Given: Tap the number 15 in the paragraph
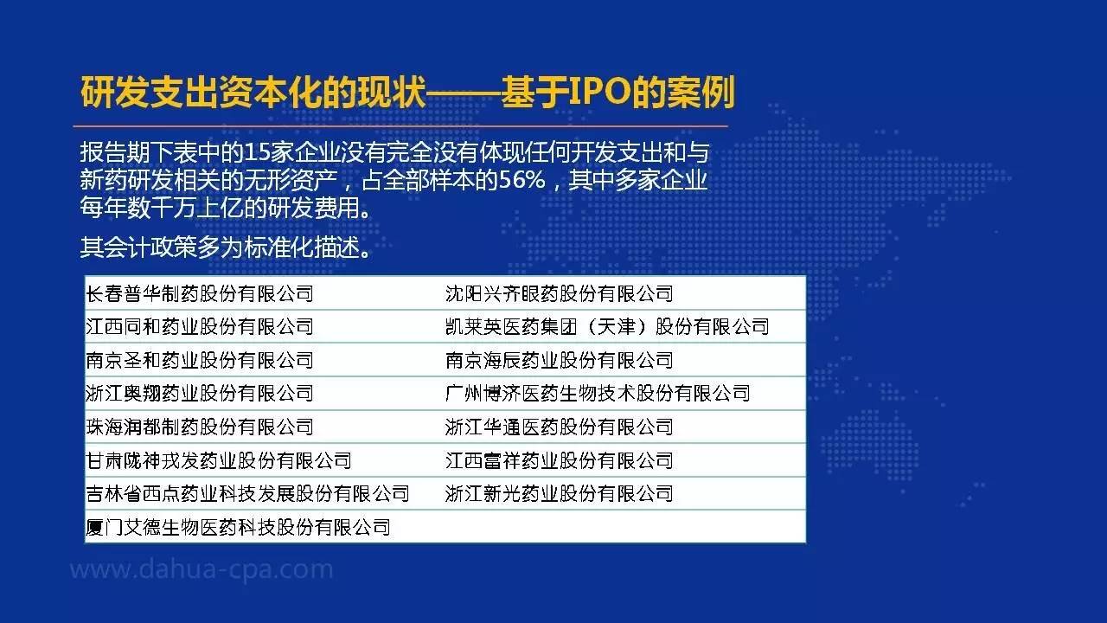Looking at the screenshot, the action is (257, 153).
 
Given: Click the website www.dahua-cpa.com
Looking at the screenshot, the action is (202, 569).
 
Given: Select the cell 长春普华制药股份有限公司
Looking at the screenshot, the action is (200, 293).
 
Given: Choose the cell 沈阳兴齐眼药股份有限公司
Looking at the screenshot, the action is (559, 293).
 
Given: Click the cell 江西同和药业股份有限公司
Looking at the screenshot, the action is (200, 327).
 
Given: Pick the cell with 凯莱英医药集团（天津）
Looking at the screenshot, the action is (607, 327).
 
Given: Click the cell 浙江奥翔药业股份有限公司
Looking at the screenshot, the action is (200, 394).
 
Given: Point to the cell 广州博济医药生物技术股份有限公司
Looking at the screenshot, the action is (598, 394).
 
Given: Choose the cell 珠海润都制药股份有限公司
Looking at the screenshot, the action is (200, 427).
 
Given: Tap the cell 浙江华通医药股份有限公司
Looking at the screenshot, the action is (559, 427).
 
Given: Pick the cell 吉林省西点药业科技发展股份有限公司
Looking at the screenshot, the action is (247, 494).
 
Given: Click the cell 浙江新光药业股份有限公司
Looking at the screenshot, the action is (559, 494).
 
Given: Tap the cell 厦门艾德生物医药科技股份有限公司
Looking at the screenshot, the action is (238, 528).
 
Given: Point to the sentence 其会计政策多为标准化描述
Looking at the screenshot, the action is (226, 247).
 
